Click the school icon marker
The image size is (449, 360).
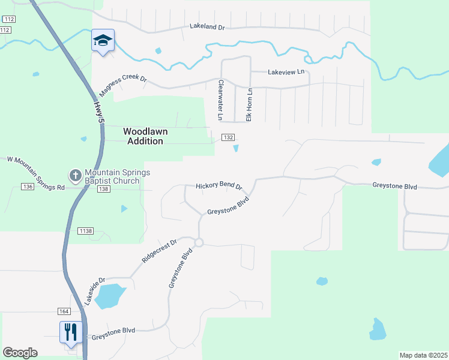click(x=103, y=40)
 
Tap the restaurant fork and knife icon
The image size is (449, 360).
click(x=71, y=332)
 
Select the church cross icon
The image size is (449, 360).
click(x=76, y=176)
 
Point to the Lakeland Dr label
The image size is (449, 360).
click(x=206, y=26)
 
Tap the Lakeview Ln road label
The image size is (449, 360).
click(x=286, y=71)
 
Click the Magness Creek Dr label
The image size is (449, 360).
click(x=123, y=85)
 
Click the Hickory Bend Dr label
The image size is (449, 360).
click(x=218, y=187)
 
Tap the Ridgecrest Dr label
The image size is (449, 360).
click(x=160, y=251)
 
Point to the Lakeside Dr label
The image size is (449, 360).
click(x=95, y=290)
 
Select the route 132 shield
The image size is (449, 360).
click(x=228, y=137)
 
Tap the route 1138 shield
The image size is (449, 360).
click(x=85, y=231)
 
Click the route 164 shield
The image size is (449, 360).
click(x=64, y=311)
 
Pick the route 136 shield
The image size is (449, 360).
click(x=28, y=187)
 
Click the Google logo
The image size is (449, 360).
click(x=20, y=353)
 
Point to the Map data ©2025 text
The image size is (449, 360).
click(x=423, y=355)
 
